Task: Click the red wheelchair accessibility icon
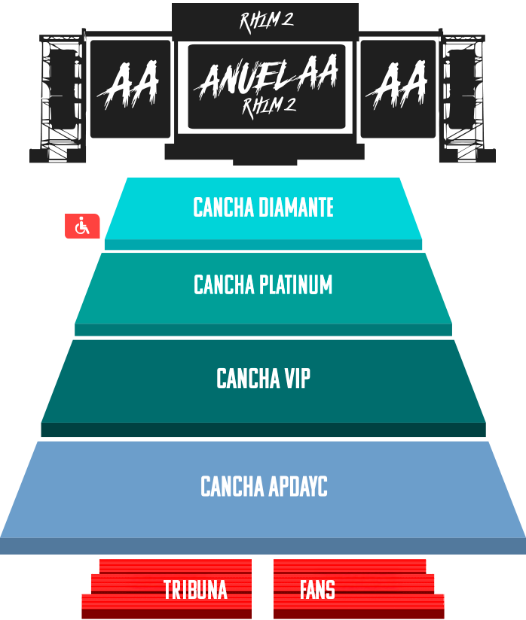[82, 226]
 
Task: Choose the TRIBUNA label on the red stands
[195, 590]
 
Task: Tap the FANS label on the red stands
[317, 590]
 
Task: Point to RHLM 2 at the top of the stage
[266, 21]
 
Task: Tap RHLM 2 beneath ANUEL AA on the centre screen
[268, 106]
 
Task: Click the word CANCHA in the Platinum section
[225, 285]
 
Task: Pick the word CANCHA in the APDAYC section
[231, 487]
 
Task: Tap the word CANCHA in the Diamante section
[224, 208]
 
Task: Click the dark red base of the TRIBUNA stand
[166, 614]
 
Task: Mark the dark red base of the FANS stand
[359, 614]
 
